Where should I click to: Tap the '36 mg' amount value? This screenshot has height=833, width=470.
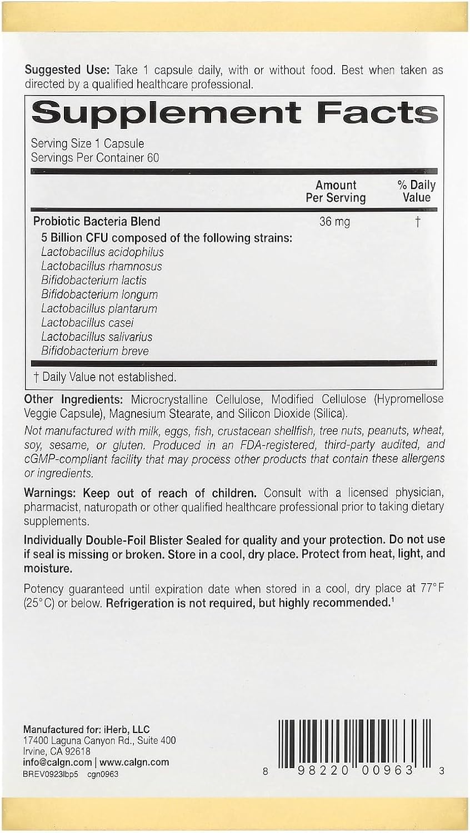(334, 222)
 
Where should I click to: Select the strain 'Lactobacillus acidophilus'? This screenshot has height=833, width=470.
(102, 252)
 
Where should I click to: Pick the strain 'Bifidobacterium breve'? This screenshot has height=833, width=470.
(95, 351)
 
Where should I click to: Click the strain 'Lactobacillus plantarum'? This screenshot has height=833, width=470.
(99, 309)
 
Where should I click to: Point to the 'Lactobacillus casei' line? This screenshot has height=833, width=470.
(87, 323)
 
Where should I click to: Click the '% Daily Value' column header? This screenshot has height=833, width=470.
(417, 191)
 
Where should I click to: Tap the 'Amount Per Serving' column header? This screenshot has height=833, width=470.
(336, 191)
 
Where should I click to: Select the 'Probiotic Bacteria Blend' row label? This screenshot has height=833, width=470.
(97, 221)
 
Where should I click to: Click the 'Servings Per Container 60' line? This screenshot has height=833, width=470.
(95, 158)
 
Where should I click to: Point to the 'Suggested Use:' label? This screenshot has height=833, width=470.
(67, 70)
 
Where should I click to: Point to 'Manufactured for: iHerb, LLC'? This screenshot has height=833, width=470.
(87, 730)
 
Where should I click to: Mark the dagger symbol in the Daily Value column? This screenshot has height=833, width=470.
(417, 222)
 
